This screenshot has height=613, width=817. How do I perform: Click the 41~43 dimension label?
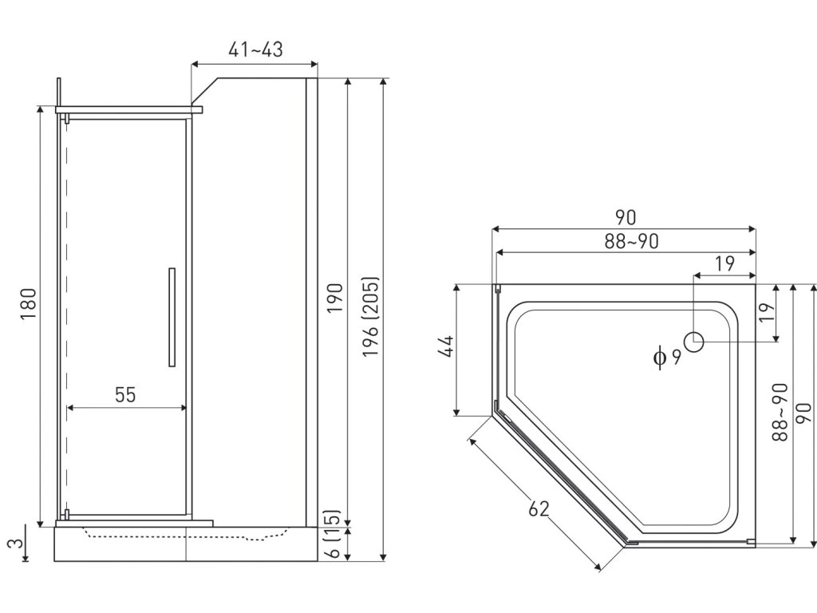(255, 49)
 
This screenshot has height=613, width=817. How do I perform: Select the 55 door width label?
(125, 394)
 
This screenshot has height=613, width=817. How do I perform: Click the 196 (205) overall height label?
(371, 317)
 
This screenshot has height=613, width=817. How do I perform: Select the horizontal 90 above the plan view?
(625, 217)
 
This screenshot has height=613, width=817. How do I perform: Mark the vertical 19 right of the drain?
(766, 312)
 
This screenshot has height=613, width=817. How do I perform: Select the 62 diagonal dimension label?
(539, 507)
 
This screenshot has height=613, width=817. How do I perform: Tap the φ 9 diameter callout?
(667, 357)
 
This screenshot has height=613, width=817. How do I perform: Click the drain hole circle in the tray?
(694, 342)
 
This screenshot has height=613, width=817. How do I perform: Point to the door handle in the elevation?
(172, 317)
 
